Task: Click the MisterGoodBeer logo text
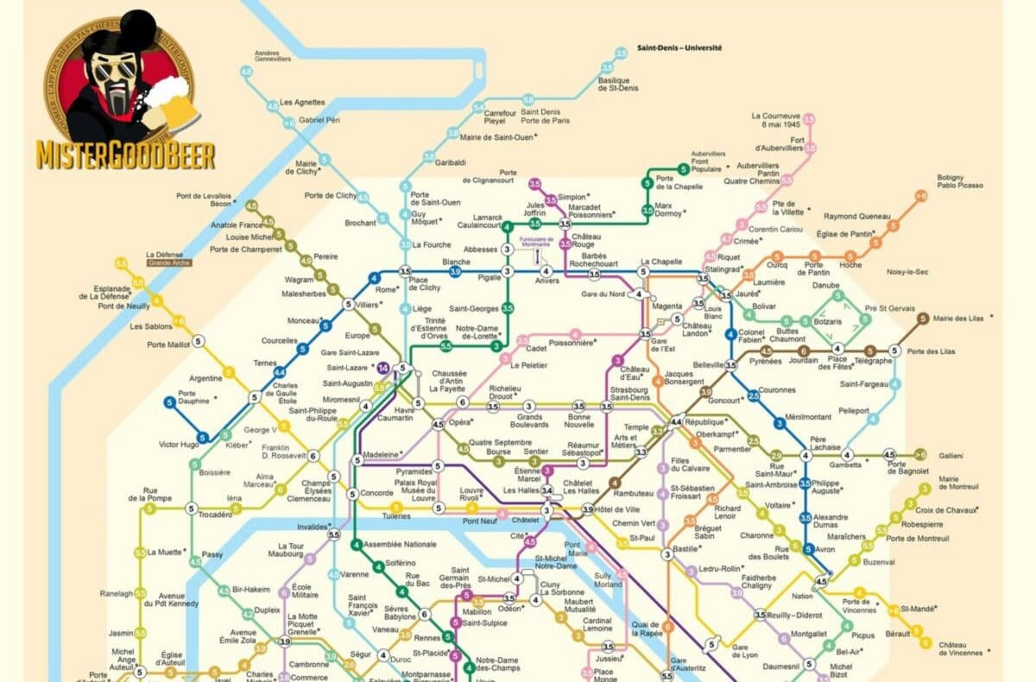[x=125, y=155]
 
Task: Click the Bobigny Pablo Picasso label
[x=960, y=181]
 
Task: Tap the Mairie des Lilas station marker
[x=923, y=319]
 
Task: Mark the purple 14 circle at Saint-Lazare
[x=383, y=369]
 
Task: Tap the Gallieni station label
[x=951, y=455]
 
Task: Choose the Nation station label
[x=802, y=596]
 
